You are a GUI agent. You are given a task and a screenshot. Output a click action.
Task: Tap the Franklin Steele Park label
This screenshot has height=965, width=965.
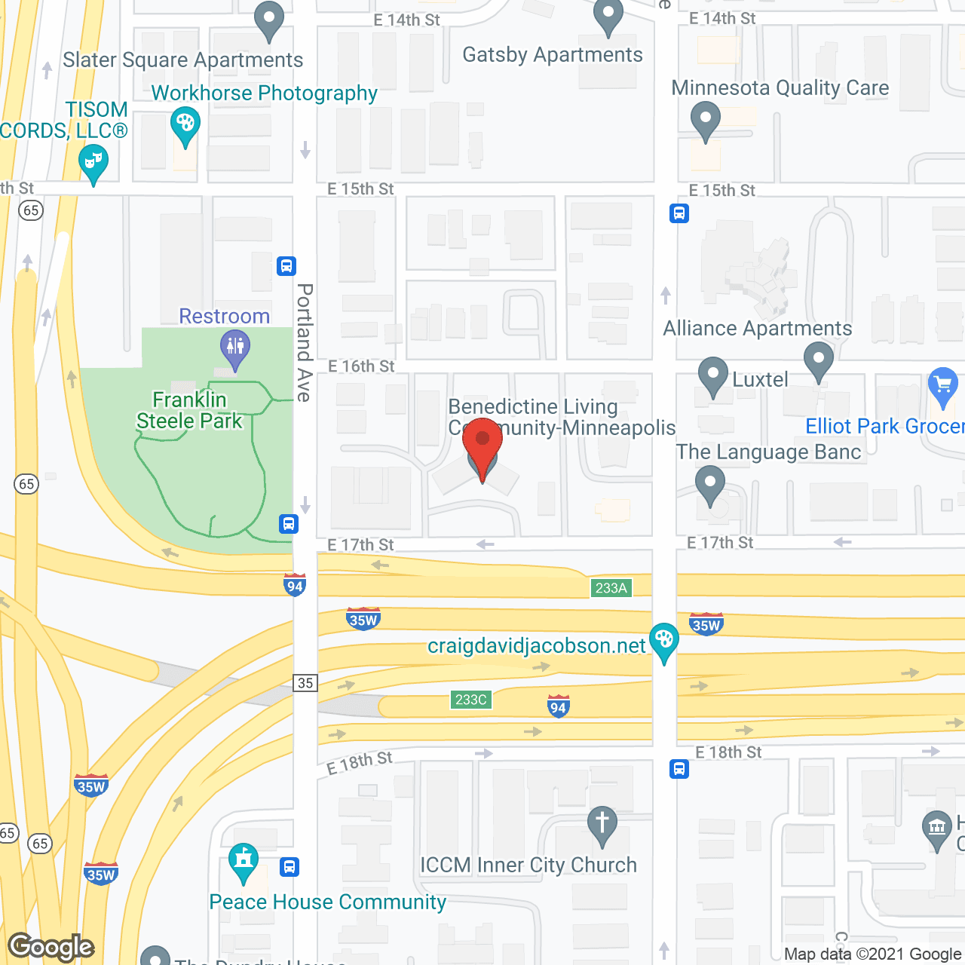pyautogui.click(x=189, y=410)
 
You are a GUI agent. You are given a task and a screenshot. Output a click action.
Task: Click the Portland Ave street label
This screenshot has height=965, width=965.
pyautogui.click(x=305, y=342)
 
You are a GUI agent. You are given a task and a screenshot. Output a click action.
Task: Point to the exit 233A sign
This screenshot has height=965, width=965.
pyautogui.click(x=611, y=588)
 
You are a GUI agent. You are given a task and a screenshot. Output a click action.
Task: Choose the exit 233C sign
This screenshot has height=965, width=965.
pyautogui.click(x=471, y=700)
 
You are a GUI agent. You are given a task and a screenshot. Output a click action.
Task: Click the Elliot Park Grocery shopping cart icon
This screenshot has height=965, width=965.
pyautogui.click(x=943, y=385)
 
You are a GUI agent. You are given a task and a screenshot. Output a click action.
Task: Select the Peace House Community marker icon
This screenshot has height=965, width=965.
pyautogui.click(x=244, y=861)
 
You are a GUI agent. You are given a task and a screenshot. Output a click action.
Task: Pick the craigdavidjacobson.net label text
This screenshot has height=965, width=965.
pyautogui.click(x=536, y=646)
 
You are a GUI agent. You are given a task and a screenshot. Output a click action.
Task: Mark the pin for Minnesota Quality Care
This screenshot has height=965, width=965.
pyautogui.click(x=706, y=120)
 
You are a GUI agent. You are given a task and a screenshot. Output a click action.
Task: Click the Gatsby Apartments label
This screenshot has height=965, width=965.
pyautogui.click(x=553, y=55)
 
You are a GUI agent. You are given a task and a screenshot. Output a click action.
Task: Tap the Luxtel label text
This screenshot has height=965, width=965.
pyautogui.click(x=760, y=380)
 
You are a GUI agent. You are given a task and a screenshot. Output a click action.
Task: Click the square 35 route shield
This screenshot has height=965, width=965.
pyautogui.click(x=305, y=683)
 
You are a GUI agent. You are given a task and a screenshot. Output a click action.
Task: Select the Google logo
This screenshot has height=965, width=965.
pyautogui.click(x=51, y=947)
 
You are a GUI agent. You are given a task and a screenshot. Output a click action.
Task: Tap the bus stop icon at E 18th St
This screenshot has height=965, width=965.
pyautogui.click(x=679, y=769)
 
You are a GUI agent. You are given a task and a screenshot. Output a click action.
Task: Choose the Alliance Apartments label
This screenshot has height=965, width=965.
pyautogui.click(x=757, y=329)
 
